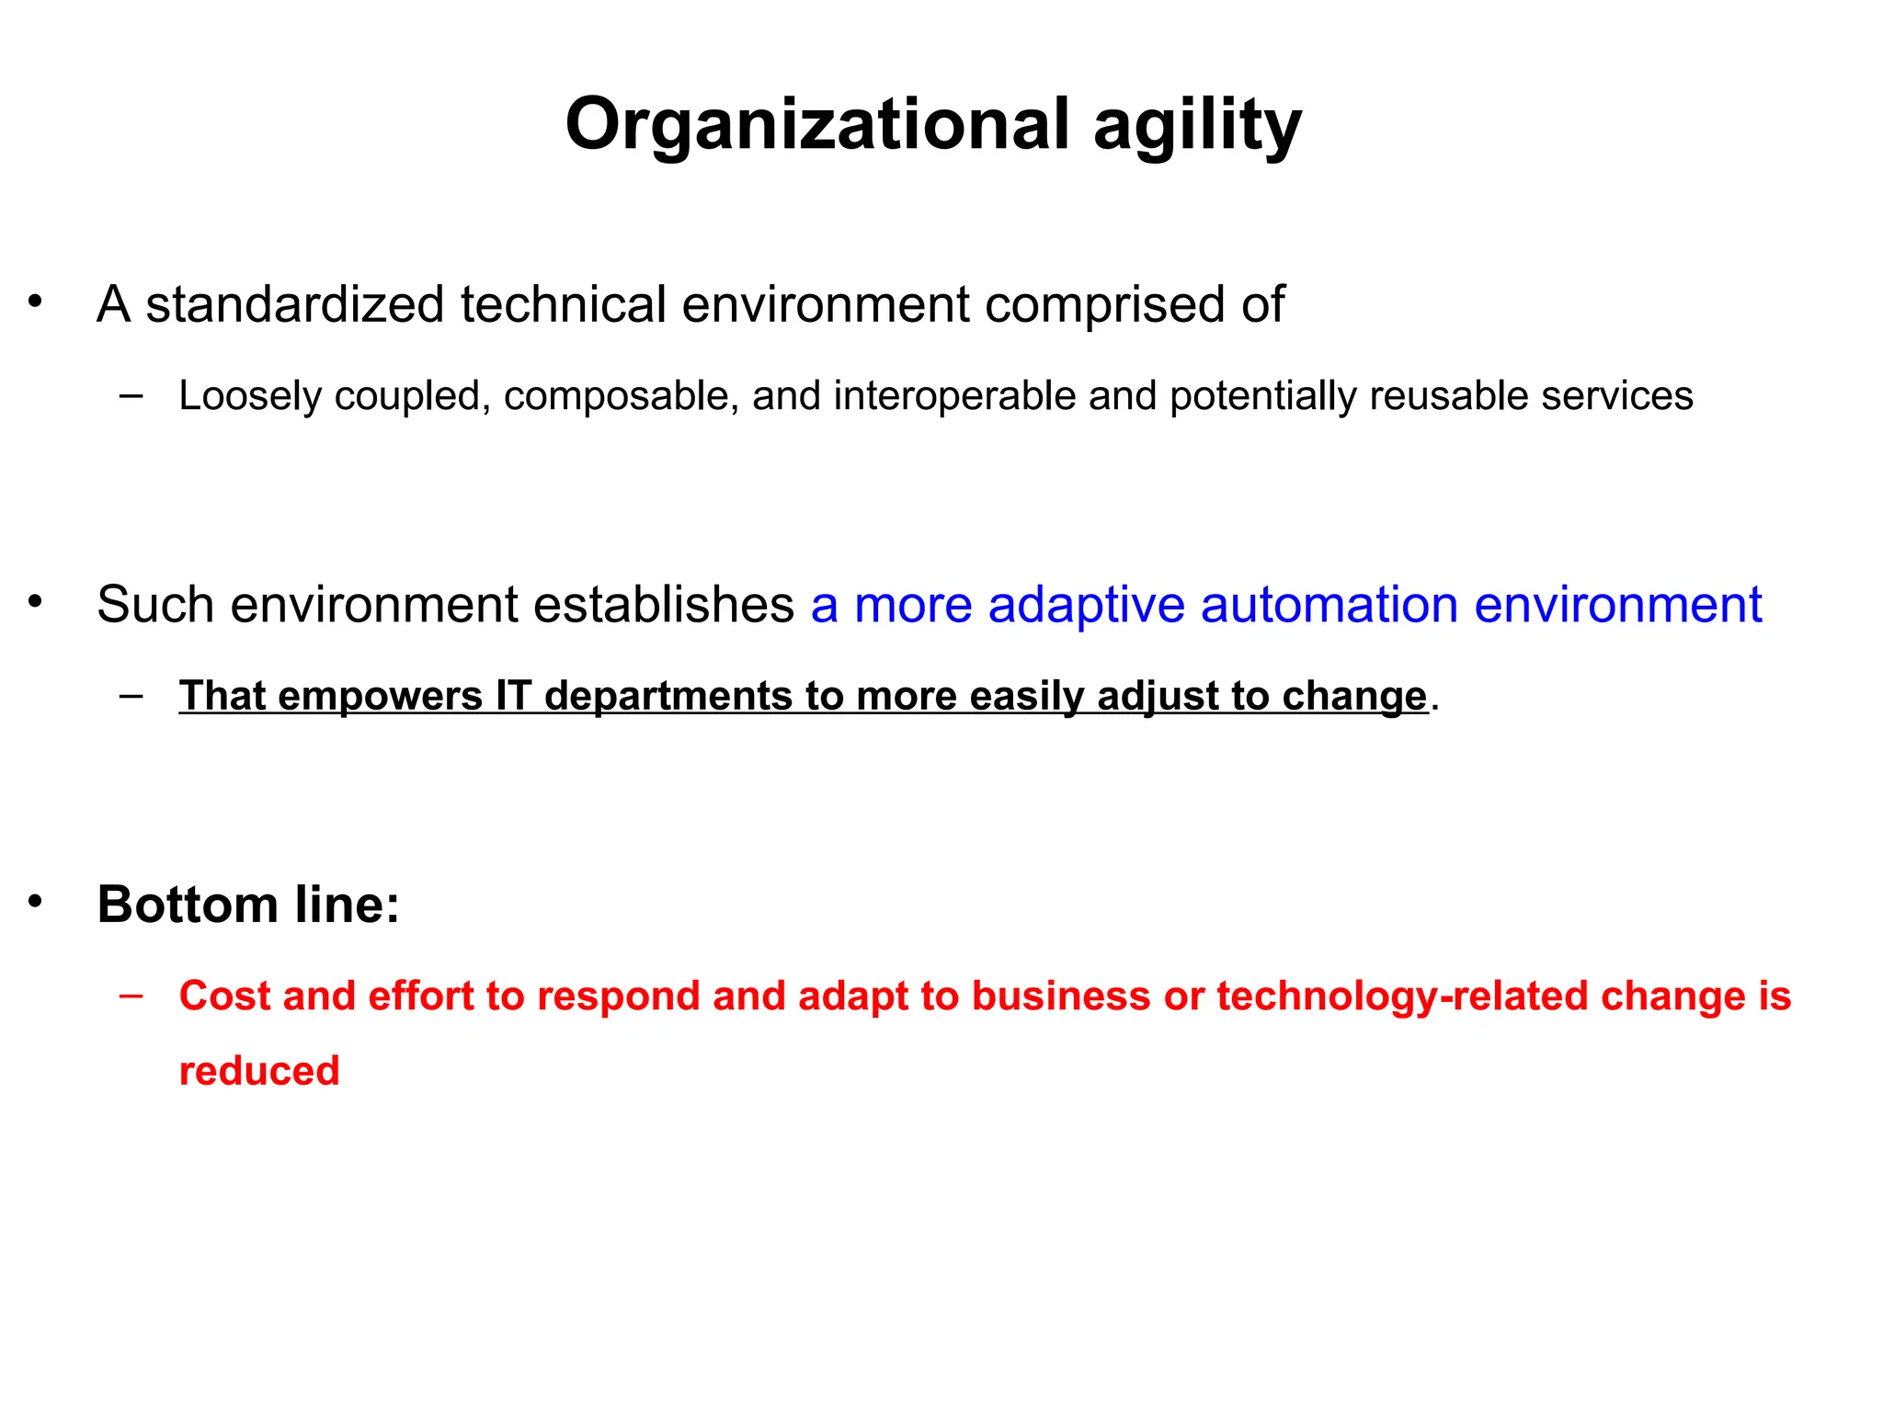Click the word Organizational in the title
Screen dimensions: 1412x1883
pyautogui.click(x=817, y=125)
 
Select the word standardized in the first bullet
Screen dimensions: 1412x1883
pyautogui.click(x=295, y=304)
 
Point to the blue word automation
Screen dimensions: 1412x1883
pyautogui.click(x=1330, y=605)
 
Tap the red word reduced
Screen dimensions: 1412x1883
pyautogui.click(x=259, y=1071)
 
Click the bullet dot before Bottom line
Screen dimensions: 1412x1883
pyautogui.click(x=35, y=902)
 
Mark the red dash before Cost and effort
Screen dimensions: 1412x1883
pyautogui.click(x=131, y=994)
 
